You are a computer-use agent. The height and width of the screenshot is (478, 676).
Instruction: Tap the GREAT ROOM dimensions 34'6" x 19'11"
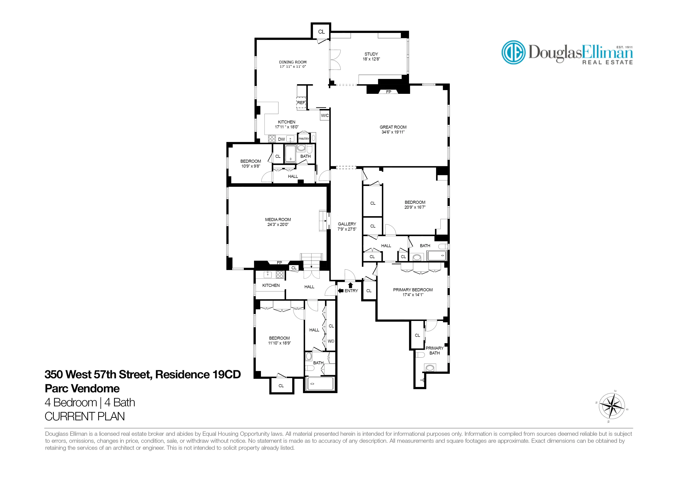coord(393,132)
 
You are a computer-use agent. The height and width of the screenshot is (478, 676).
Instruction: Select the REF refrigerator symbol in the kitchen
coord(301,103)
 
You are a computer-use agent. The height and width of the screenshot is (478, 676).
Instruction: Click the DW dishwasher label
coord(282,139)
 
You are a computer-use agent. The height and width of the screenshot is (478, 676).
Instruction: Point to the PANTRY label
coord(304,139)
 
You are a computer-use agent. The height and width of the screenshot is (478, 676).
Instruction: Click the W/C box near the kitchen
coord(325,115)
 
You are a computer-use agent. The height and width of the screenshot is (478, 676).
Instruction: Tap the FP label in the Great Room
coord(388,92)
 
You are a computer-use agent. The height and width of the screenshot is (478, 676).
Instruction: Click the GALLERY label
coord(347,224)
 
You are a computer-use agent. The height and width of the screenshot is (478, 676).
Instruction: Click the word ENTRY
coord(351,291)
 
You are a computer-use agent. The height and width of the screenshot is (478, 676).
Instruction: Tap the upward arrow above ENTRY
coord(350,285)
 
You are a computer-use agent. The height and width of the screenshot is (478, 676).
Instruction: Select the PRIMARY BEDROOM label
coord(413,290)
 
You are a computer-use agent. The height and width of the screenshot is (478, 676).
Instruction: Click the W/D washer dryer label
coord(331,341)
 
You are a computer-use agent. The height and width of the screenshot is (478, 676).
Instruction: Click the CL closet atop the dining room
coord(321,32)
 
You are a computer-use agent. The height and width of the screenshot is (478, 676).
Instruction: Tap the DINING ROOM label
coord(293,62)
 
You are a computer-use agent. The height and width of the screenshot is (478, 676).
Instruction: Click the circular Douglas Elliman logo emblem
coord(513,52)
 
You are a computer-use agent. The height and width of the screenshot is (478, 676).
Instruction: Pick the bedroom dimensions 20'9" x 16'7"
coord(415,207)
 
